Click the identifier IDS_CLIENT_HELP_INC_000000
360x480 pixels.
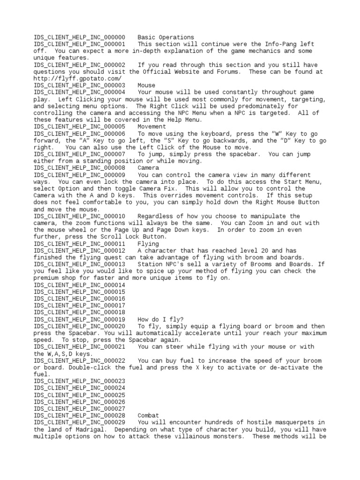pos(79,37)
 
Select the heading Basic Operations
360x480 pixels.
pos(165,37)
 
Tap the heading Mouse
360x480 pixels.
pos(146,85)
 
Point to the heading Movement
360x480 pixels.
pos(151,127)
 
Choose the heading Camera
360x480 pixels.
pos(148,168)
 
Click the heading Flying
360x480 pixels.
pos(148,244)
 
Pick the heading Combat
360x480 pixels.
pos(148,415)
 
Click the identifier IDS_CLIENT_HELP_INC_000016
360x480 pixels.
pos(79,299)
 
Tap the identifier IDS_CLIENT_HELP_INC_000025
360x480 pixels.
pos(79,395)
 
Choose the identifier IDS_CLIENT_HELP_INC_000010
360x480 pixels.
pos(79,216)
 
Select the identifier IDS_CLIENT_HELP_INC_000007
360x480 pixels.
pos(79,154)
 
